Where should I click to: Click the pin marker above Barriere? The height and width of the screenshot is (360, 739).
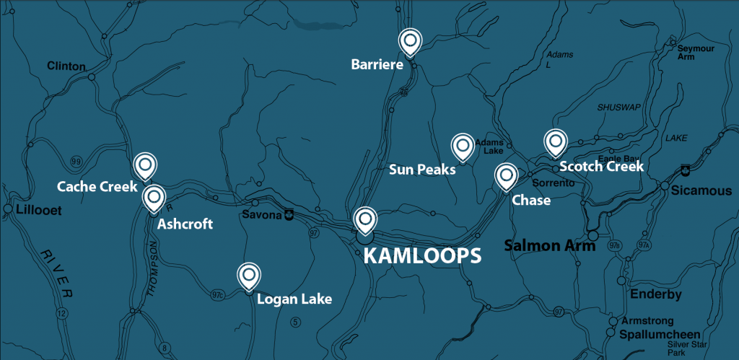point(410,42)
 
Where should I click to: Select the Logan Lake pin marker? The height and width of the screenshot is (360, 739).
point(249,275)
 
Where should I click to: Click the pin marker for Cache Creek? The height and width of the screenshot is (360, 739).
point(145,165)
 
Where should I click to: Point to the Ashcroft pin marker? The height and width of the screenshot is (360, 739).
point(153,197)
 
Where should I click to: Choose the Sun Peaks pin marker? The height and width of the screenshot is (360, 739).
point(462,146)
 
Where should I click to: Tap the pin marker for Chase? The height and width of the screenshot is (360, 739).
point(505,175)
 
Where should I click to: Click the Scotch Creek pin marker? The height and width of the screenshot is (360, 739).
point(554,142)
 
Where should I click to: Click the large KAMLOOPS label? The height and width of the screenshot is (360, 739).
point(421,255)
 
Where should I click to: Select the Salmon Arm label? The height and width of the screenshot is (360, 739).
point(549,245)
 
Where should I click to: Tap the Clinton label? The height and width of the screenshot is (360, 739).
point(66,66)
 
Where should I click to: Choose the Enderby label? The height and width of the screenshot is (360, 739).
point(656,294)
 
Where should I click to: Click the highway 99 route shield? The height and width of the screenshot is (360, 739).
point(75,159)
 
